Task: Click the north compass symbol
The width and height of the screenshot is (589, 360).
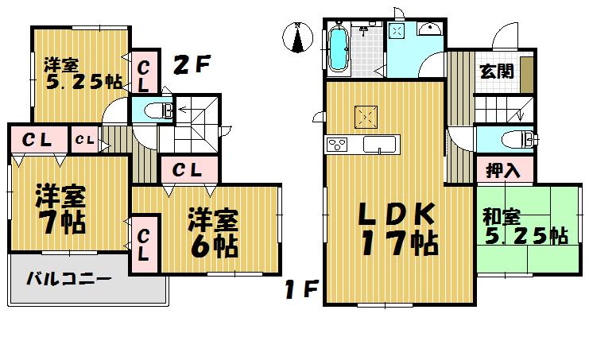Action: pyautogui.click(x=296, y=37)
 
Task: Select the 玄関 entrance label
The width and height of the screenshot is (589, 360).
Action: pyautogui.click(x=495, y=70)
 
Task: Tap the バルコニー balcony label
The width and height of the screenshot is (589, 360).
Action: pyautogui.click(x=68, y=279)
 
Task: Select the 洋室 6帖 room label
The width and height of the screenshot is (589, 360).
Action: pyautogui.click(x=213, y=233)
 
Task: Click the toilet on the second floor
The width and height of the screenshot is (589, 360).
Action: pyautogui.click(x=160, y=110)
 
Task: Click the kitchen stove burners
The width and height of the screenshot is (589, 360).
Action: pyautogui.click(x=336, y=145)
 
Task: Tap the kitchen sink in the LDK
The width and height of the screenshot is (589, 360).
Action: pyautogui.click(x=379, y=145)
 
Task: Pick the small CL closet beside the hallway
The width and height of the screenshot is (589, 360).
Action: pyautogui.click(x=84, y=141)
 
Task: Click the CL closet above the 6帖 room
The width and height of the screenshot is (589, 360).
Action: pyautogui.click(x=187, y=169)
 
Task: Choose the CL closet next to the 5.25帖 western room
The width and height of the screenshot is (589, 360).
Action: pyautogui.click(x=144, y=73)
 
